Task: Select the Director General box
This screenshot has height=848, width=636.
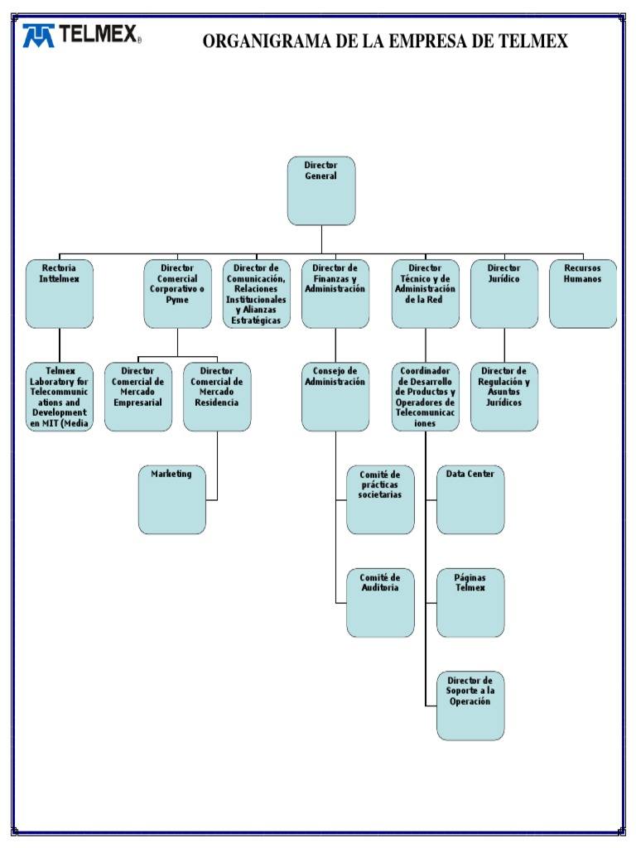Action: point(321,190)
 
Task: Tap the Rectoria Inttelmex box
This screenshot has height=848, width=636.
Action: point(60,294)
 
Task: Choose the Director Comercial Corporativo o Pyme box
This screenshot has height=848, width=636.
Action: point(177,294)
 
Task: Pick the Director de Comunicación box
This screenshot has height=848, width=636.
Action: point(257,294)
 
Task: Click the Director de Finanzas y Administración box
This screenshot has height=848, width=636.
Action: point(335,294)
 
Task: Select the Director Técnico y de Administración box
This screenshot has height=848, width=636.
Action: point(426,294)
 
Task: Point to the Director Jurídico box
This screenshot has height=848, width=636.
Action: point(504,294)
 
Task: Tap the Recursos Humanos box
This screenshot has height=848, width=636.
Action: point(583,294)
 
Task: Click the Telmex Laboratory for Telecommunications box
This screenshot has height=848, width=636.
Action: point(60,397)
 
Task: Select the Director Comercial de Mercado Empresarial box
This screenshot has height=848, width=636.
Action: point(138,397)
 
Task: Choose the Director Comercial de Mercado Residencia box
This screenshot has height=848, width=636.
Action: point(217,397)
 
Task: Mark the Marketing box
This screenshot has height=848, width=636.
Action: point(172,499)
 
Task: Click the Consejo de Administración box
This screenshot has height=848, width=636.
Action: point(335,397)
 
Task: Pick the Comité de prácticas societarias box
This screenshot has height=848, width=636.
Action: point(380,499)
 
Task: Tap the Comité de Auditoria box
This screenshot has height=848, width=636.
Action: point(380,602)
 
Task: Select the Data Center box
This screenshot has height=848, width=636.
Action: point(470,499)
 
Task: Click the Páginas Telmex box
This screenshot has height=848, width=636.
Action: point(470,602)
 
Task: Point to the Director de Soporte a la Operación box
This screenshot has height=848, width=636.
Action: point(470,705)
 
